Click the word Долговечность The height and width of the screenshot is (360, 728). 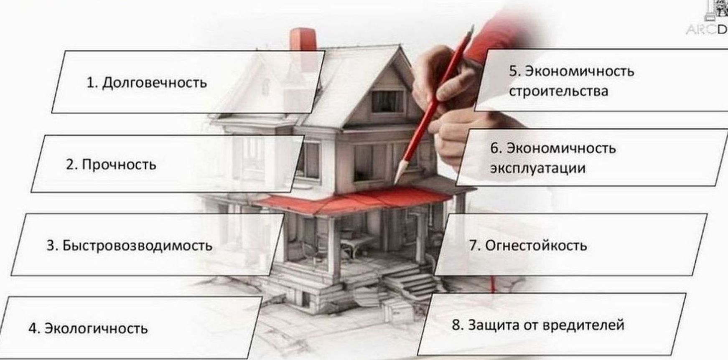[x=155, y=83]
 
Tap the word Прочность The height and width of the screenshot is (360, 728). [x=119, y=165]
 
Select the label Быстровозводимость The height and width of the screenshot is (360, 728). [x=137, y=246]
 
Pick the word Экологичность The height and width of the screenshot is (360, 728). [x=96, y=328]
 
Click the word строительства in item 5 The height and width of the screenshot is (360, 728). [x=558, y=91]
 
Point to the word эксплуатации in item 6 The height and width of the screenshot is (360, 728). [x=537, y=168]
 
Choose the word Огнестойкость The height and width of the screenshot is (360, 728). [x=536, y=246]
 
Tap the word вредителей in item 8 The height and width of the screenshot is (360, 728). [x=582, y=325]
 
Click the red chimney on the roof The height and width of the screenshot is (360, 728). [x=303, y=40]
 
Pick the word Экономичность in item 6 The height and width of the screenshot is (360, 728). [x=561, y=148]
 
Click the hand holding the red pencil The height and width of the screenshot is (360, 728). [x=447, y=88]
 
